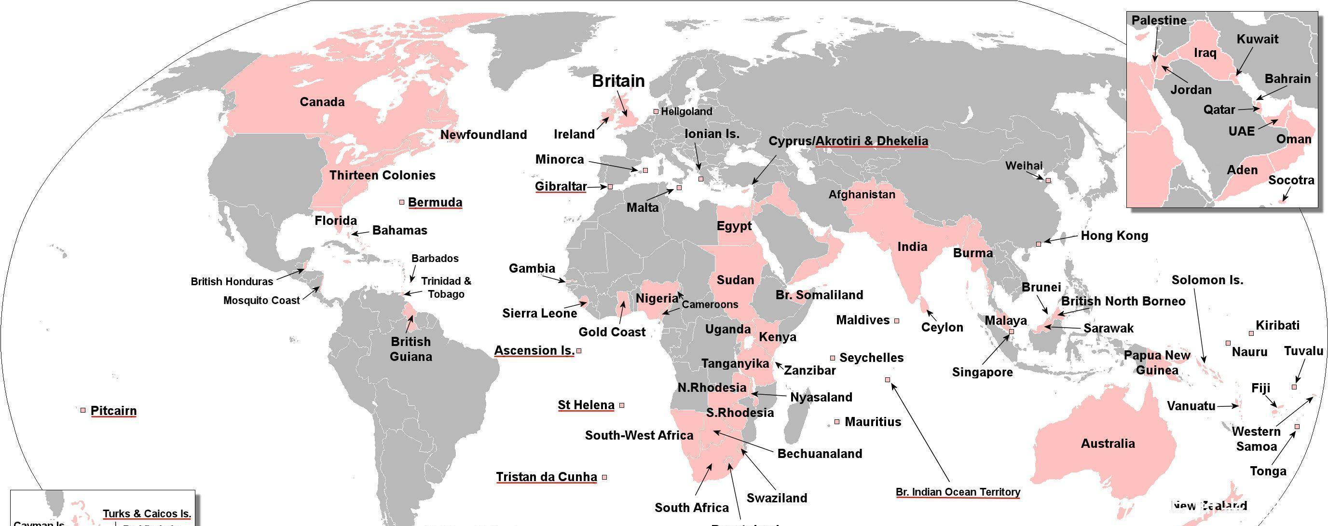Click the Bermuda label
[435, 202]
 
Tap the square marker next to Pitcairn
[83, 410]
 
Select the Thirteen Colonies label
[382, 175]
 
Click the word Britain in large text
[618, 81]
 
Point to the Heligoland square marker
[656, 111]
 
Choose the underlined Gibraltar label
[561, 186]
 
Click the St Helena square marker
[622, 405]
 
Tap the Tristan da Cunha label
[546, 477]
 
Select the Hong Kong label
[1114, 235]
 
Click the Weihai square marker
[1048, 180]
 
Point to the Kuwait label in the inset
[1258, 39]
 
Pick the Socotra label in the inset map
[1291, 180]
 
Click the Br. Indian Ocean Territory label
[958, 492]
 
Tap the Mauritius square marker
[837, 422]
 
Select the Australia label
[1108, 443]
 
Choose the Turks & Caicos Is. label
[147, 513]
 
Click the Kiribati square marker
[1251, 333]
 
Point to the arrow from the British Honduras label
[290, 275]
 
